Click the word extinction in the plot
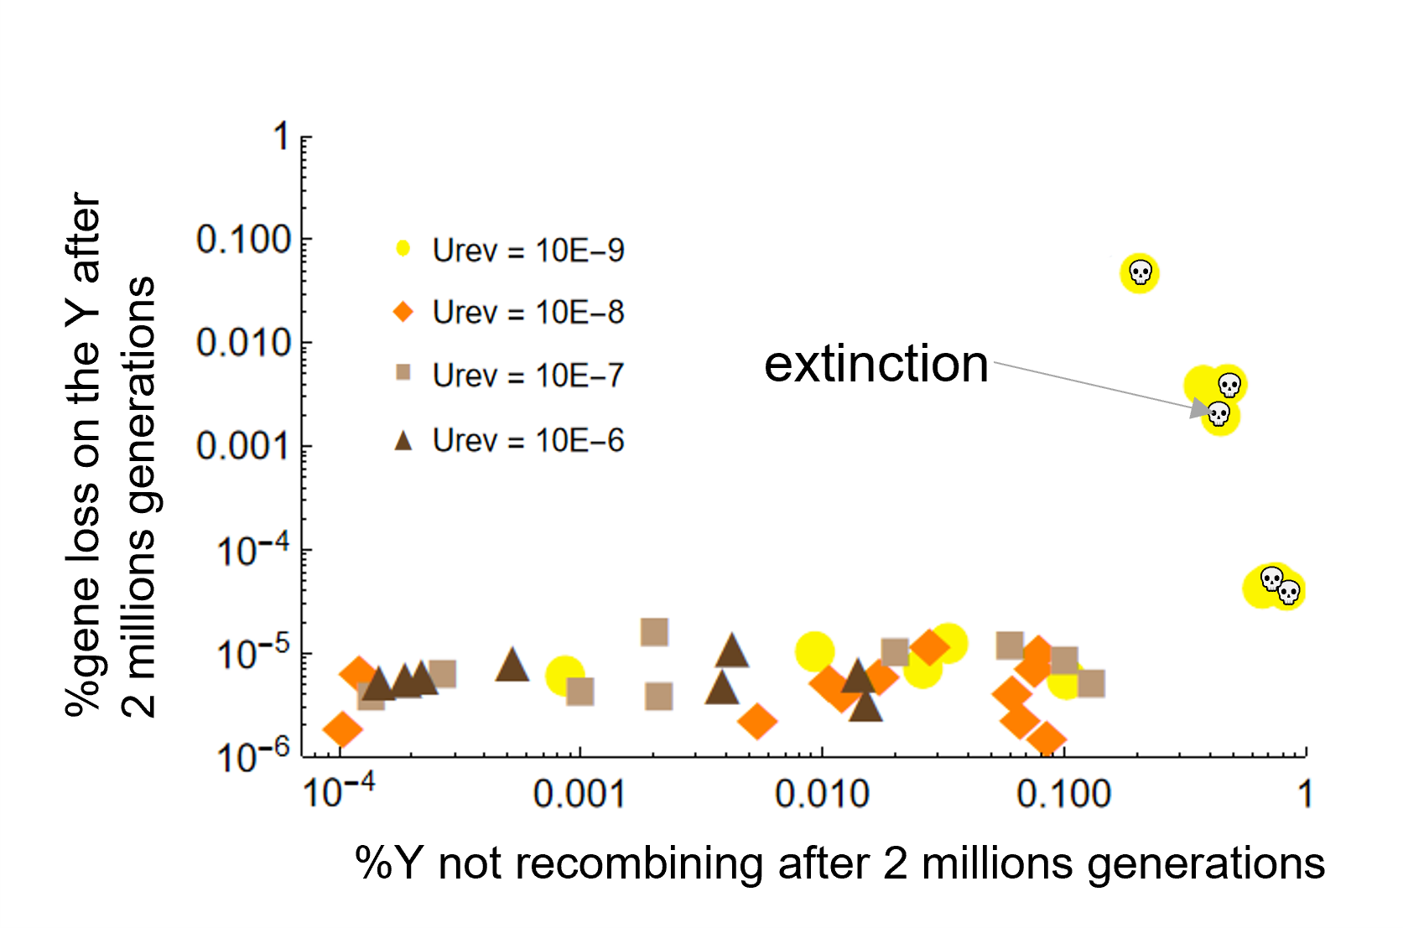coord(876,365)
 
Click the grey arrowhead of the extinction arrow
coord(1200,409)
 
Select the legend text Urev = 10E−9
coord(528,251)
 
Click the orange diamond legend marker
coord(404,311)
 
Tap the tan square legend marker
coord(404,372)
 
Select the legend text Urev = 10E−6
coord(528,441)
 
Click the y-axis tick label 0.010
coord(244,343)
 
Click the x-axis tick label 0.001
coord(579,795)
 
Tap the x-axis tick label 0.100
coord(1063,795)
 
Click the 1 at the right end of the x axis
coord(1305,795)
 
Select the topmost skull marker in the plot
coord(1140,272)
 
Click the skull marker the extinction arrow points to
coord(1219,414)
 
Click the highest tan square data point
coord(654,632)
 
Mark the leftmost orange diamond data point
coord(343,728)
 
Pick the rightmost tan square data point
coord(1091,684)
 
